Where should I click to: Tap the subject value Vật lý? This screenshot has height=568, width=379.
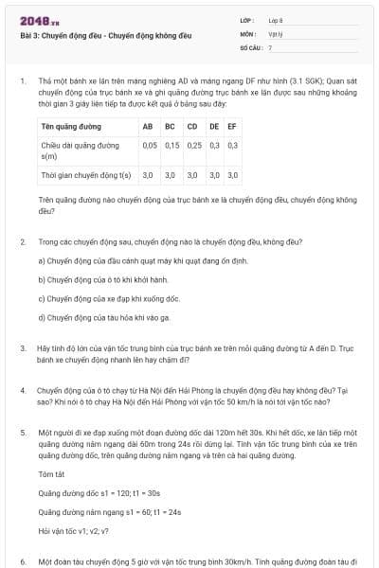click(273, 32)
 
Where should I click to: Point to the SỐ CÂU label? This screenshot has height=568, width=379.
click(250, 45)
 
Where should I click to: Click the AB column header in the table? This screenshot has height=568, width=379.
click(148, 126)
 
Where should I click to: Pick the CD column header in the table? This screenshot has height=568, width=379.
click(192, 126)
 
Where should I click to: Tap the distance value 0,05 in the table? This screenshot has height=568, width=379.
click(150, 145)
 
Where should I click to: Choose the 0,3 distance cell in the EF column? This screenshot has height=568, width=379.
click(233, 145)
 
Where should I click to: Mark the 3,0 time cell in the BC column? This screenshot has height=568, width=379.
click(171, 175)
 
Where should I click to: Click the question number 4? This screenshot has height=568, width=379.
click(21, 389)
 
